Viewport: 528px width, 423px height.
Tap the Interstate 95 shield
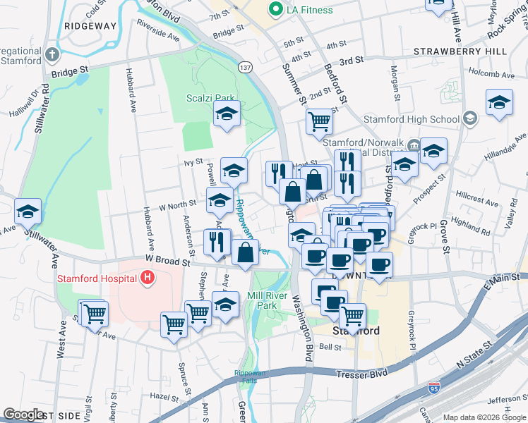click(x=434, y=387)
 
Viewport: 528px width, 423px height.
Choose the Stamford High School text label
click(x=419, y=119)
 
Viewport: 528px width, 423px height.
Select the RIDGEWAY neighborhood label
click(x=90, y=25)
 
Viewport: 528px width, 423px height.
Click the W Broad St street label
click(x=169, y=261)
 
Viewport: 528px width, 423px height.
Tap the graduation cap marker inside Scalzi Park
click(x=227, y=114)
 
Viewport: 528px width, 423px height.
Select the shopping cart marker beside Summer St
click(x=319, y=121)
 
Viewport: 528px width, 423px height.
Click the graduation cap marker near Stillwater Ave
click(x=28, y=211)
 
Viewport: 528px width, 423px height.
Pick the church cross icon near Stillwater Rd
click(x=52, y=54)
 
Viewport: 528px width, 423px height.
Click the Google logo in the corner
click(x=23, y=415)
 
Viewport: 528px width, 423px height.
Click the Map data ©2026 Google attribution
click(x=484, y=417)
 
